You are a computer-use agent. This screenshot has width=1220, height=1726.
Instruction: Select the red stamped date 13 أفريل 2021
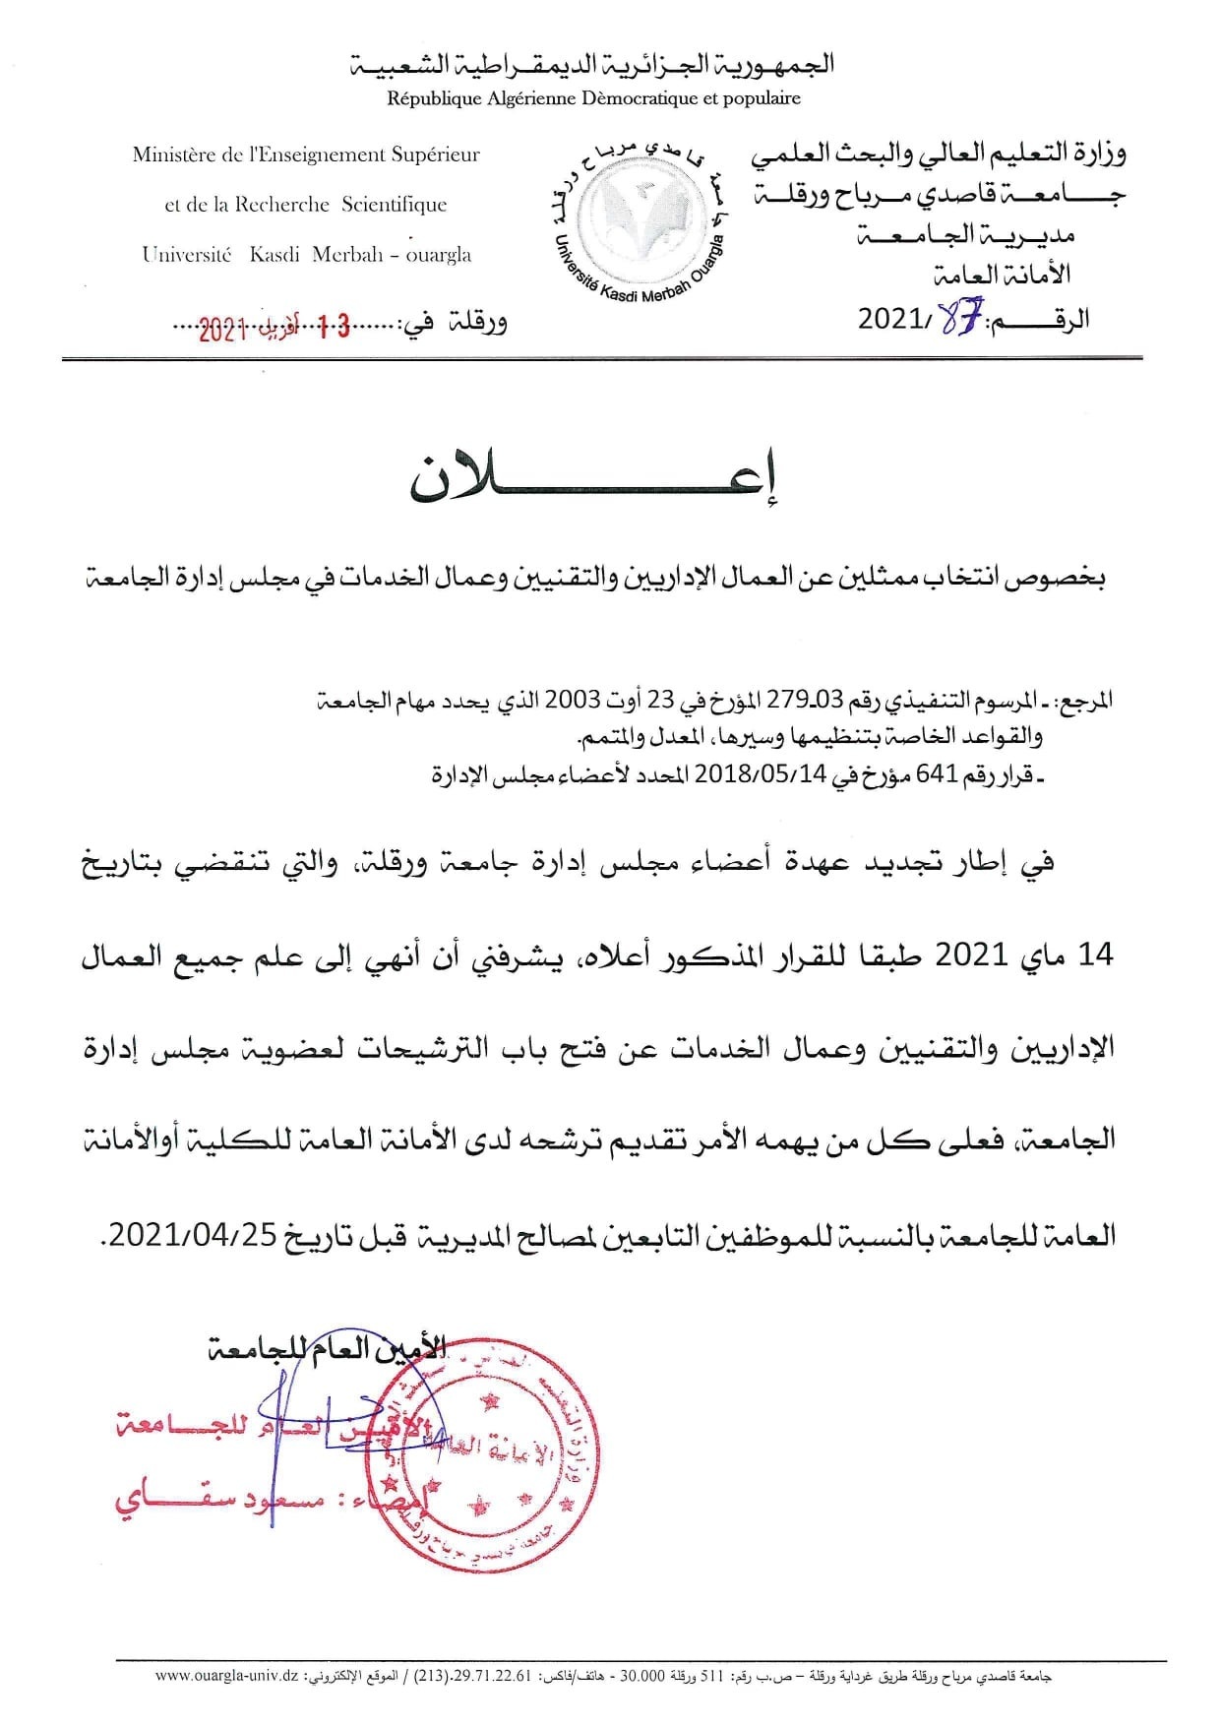(x=274, y=329)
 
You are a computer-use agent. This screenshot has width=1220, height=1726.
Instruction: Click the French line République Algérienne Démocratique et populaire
(x=593, y=98)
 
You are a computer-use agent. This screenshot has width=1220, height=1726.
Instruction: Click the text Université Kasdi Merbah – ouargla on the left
(x=306, y=254)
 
